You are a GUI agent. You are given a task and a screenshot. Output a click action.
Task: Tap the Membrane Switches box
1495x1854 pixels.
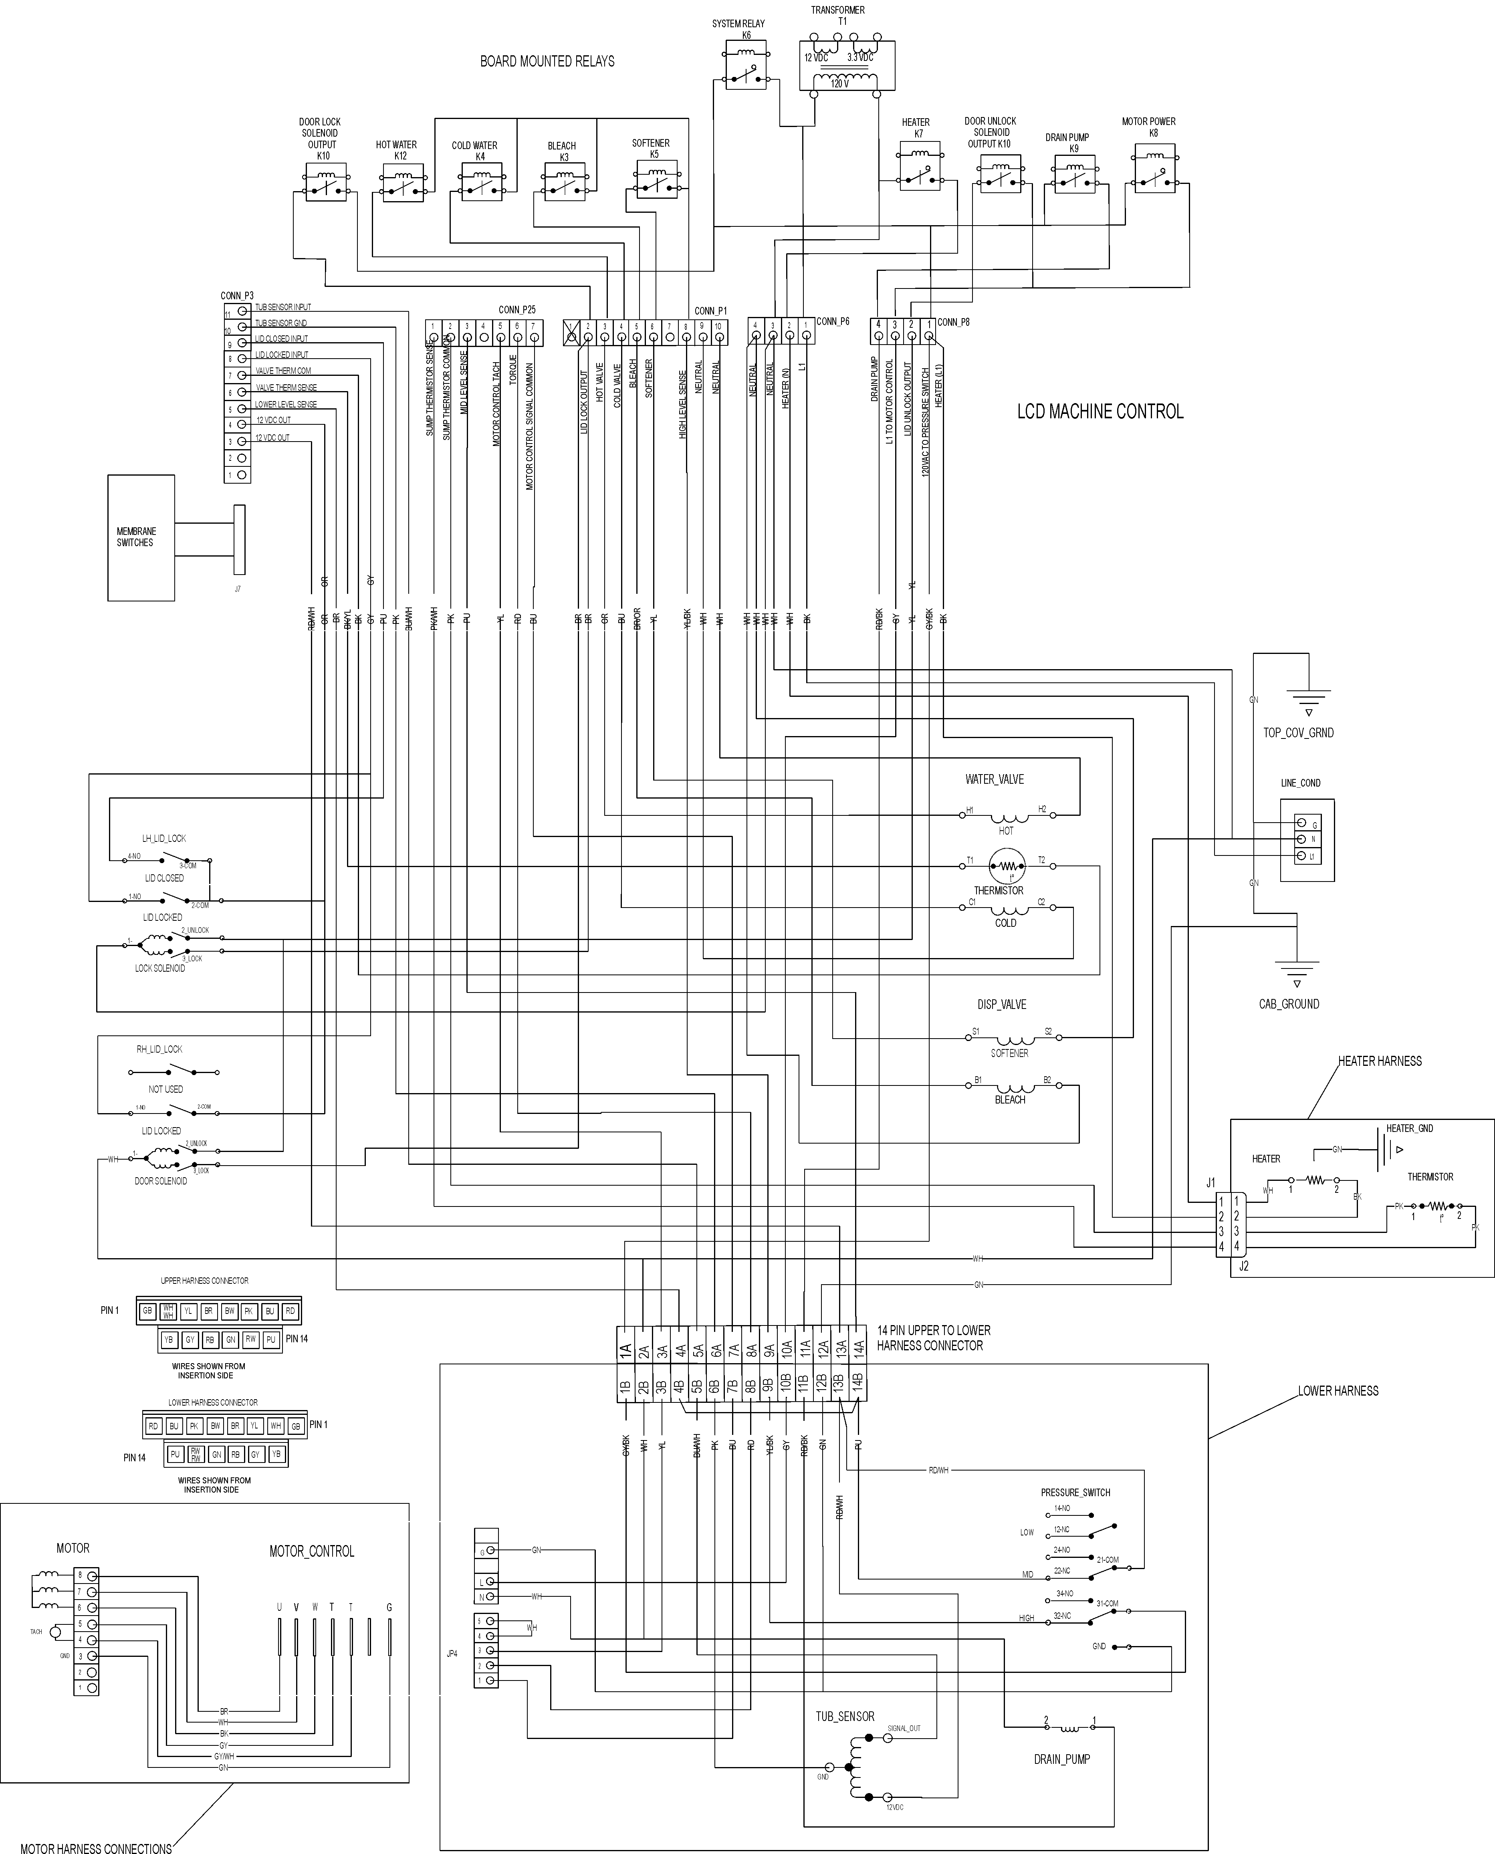140,537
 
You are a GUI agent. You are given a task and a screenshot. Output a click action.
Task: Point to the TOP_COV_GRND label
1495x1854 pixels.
1298,733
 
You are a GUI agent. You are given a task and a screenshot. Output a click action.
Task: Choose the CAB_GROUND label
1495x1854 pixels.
1288,1004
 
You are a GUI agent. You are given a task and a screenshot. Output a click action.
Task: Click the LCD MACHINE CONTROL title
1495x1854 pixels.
1100,412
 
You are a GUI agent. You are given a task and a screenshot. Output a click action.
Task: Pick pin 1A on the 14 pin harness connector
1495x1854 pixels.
626,1350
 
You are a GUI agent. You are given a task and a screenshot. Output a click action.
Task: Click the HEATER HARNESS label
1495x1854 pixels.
1379,1061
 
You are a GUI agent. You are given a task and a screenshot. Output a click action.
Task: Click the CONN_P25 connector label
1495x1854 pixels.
517,310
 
